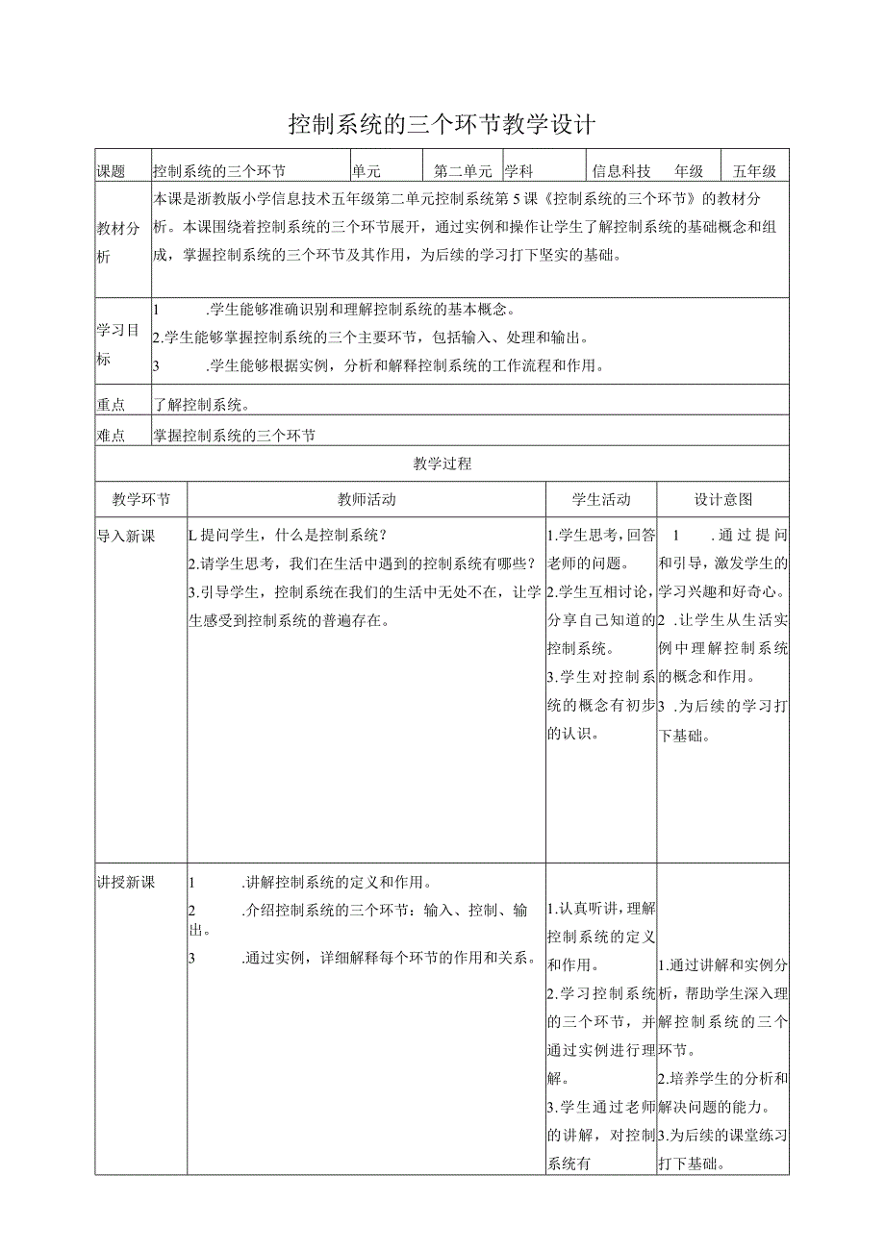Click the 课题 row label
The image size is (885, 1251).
[x=112, y=171]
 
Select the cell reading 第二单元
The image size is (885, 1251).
[x=463, y=171]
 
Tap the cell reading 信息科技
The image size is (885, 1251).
[x=621, y=171]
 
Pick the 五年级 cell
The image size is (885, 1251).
[x=754, y=171]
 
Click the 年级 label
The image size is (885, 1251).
[x=689, y=171]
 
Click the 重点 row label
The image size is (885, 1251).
[x=112, y=406]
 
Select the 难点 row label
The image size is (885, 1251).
[x=112, y=436]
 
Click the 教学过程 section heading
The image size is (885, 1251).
[x=442, y=463]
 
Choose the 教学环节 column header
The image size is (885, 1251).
[x=141, y=499]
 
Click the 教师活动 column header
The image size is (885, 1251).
[x=367, y=499]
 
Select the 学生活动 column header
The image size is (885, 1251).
[x=601, y=499]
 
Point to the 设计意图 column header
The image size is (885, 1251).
[x=723, y=499]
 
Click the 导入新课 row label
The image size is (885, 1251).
[x=126, y=536]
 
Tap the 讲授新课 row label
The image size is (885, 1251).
[x=126, y=882]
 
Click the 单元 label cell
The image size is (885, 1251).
[x=367, y=171]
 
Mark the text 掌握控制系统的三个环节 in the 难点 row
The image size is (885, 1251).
[x=235, y=436]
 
